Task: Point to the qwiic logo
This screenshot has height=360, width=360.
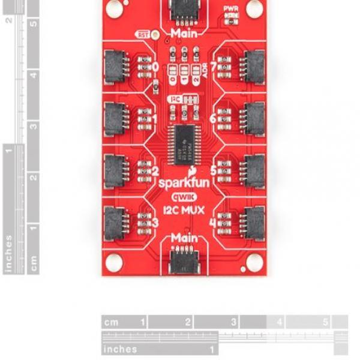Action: point(184,196)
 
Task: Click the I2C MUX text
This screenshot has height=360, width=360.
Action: point(184,210)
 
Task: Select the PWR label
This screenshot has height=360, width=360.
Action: point(230,9)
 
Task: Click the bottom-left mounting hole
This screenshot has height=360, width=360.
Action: point(115,262)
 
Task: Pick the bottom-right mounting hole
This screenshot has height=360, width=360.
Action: point(254,260)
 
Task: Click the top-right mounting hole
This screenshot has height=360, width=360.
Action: point(254,8)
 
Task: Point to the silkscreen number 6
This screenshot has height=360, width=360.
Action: point(212,118)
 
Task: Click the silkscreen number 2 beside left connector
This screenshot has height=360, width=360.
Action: point(155,170)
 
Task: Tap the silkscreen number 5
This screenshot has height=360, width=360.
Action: point(212,170)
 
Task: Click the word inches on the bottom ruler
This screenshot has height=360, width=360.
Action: point(121,349)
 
